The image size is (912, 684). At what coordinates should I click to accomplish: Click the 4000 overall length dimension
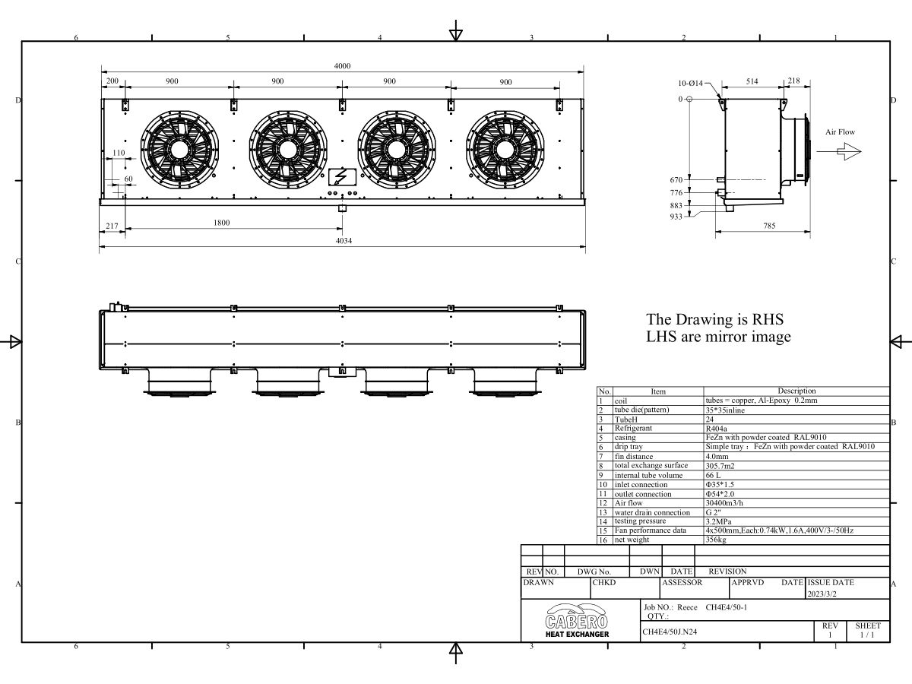click(x=343, y=66)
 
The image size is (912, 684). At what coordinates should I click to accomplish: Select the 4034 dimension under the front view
click(x=344, y=241)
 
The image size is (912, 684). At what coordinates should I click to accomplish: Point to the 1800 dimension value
click(x=222, y=223)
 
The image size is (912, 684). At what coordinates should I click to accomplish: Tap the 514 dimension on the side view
click(x=752, y=81)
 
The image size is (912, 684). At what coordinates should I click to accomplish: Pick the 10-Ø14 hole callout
click(x=691, y=83)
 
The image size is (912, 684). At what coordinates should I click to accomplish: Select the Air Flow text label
click(x=840, y=132)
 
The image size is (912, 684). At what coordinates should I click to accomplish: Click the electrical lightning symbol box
click(x=340, y=177)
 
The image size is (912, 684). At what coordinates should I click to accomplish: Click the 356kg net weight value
click(x=716, y=540)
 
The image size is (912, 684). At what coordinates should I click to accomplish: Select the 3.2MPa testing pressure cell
click(x=719, y=521)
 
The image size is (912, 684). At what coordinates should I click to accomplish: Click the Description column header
click(x=796, y=391)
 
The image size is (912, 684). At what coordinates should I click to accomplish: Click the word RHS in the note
click(x=765, y=319)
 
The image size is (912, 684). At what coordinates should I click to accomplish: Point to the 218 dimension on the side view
click(x=793, y=81)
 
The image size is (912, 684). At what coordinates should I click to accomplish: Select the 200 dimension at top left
click(x=112, y=81)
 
